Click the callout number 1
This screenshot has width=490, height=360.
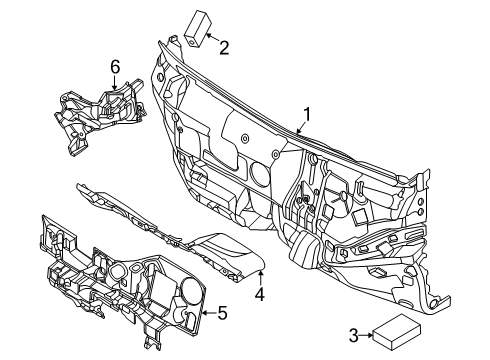point(307,115)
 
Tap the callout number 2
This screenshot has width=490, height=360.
point(224,45)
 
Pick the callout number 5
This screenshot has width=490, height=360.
point(222,314)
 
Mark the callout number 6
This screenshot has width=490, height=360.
point(115,66)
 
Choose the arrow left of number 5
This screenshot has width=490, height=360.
point(207,313)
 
